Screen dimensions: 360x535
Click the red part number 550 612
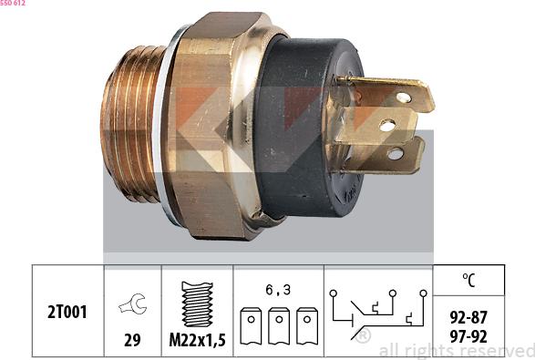pos(13,5)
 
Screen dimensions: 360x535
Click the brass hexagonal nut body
pos(219,128)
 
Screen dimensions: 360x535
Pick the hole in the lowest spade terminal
pos(396,153)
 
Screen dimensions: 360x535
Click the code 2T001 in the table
pos(67,313)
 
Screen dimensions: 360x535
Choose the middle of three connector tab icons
pos(279,324)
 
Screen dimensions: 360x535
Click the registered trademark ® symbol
pos(363,335)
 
